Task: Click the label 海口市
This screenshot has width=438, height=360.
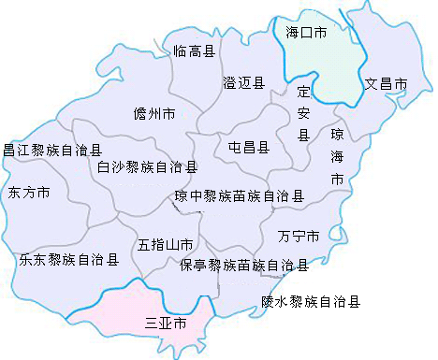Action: (x=306, y=32)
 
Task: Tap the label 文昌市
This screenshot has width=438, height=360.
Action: (x=386, y=84)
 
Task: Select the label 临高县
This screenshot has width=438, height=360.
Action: (x=194, y=50)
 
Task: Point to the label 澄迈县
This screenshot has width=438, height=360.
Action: (x=243, y=84)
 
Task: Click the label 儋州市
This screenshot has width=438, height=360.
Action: (x=155, y=116)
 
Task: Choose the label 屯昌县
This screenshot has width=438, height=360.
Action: (x=248, y=147)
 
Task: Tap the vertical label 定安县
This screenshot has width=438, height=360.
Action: (x=302, y=113)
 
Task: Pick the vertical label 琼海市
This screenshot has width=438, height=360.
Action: (x=337, y=156)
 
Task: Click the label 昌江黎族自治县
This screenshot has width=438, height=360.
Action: (x=52, y=149)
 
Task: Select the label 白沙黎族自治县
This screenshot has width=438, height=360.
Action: (x=148, y=167)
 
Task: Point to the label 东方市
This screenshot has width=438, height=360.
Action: (x=29, y=194)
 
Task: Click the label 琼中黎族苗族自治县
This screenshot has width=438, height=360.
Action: (x=240, y=196)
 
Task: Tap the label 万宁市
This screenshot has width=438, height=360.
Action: (x=299, y=234)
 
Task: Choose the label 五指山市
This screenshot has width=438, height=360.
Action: (x=166, y=245)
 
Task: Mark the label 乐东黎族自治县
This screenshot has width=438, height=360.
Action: (x=68, y=259)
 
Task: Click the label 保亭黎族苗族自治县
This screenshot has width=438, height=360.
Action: (x=244, y=266)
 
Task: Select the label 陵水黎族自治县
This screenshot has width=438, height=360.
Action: (x=311, y=301)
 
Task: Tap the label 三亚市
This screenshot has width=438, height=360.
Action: (x=166, y=324)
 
